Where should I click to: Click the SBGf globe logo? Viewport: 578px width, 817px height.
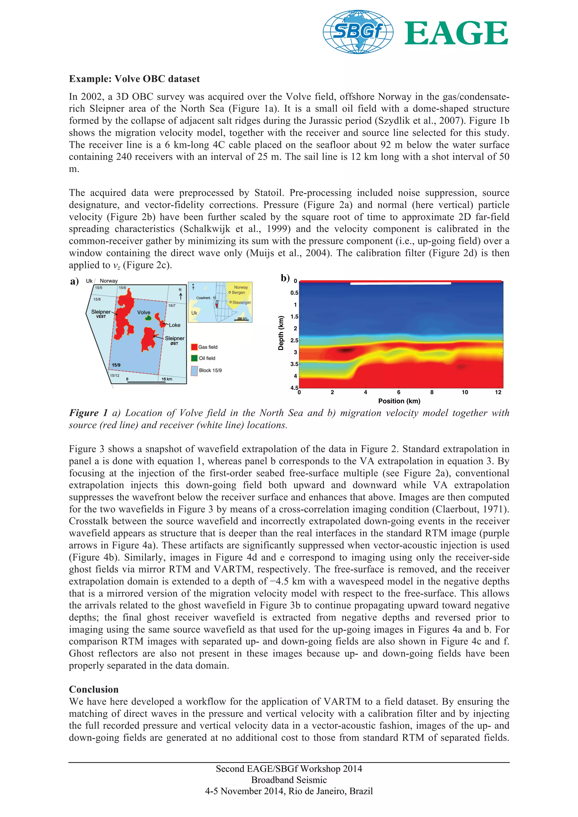click(358, 32)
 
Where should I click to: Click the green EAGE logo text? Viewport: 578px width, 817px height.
click(456, 33)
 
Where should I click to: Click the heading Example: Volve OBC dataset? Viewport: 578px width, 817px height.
click(134, 79)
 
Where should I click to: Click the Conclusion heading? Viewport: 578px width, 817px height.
click(94, 689)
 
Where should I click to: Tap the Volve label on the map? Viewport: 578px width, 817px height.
click(144, 312)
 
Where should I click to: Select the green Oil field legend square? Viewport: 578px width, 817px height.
click(194, 358)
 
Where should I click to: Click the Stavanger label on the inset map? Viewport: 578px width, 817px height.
click(242, 302)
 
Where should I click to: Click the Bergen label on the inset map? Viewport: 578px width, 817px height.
click(238, 293)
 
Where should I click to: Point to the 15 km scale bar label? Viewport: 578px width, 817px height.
click(167, 379)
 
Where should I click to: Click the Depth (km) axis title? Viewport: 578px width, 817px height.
click(281, 333)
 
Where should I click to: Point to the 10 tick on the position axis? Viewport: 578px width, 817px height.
click(465, 392)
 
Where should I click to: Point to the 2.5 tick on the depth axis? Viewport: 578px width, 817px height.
click(294, 341)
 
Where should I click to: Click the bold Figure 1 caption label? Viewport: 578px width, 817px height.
click(88, 413)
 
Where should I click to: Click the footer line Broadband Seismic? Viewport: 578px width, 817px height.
click(289, 780)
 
